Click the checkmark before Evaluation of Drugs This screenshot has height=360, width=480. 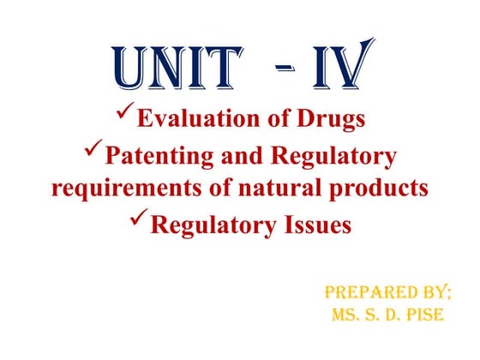point(125,113)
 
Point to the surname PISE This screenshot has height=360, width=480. point(423,315)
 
